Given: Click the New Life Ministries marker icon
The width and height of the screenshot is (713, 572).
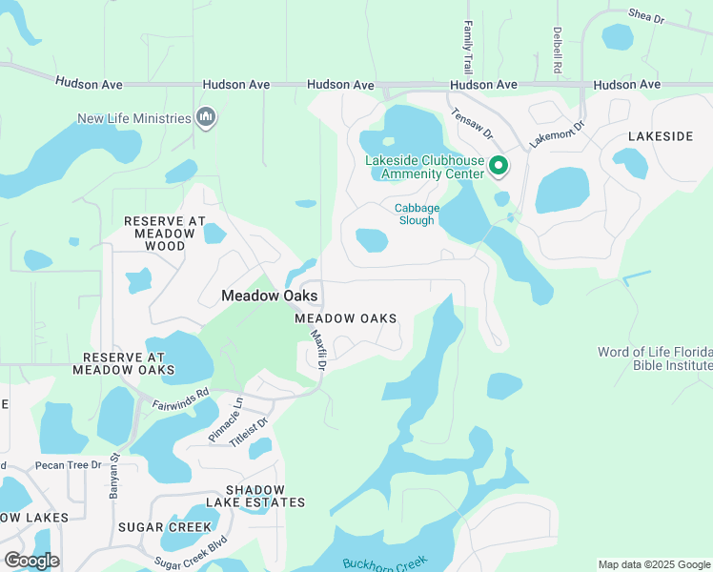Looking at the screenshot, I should pyautogui.click(x=205, y=118).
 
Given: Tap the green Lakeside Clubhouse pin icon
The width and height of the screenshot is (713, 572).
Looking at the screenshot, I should pyautogui.click(x=498, y=168).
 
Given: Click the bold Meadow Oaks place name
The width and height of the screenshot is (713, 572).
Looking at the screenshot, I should pyautogui.click(x=269, y=296).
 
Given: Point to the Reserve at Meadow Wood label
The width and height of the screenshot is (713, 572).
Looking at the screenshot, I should pyautogui.click(x=165, y=233).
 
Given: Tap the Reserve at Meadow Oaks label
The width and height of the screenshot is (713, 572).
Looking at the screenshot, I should pyautogui.click(x=123, y=362).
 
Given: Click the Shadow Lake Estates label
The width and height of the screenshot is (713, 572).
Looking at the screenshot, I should pyautogui.click(x=253, y=495).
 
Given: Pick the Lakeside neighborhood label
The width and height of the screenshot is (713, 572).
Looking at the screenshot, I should pyautogui.click(x=661, y=137).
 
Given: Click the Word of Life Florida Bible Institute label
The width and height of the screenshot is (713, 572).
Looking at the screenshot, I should pyautogui.click(x=654, y=358).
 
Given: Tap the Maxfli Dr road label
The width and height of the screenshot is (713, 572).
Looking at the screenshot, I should pyautogui.click(x=321, y=351).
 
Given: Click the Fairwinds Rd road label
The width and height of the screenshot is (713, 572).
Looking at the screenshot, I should pyautogui.click(x=180, y=398).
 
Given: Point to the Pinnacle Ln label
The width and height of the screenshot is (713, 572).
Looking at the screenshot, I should pyautogui.click(x=226, y=420).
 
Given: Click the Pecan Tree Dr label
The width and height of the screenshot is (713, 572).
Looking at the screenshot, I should pyautogui.click(x=68, y=465).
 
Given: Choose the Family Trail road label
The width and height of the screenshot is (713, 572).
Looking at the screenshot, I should pyautogui.click(x=468, y=49).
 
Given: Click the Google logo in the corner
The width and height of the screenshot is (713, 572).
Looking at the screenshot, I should pyautogui.click(x=31, y=560).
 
